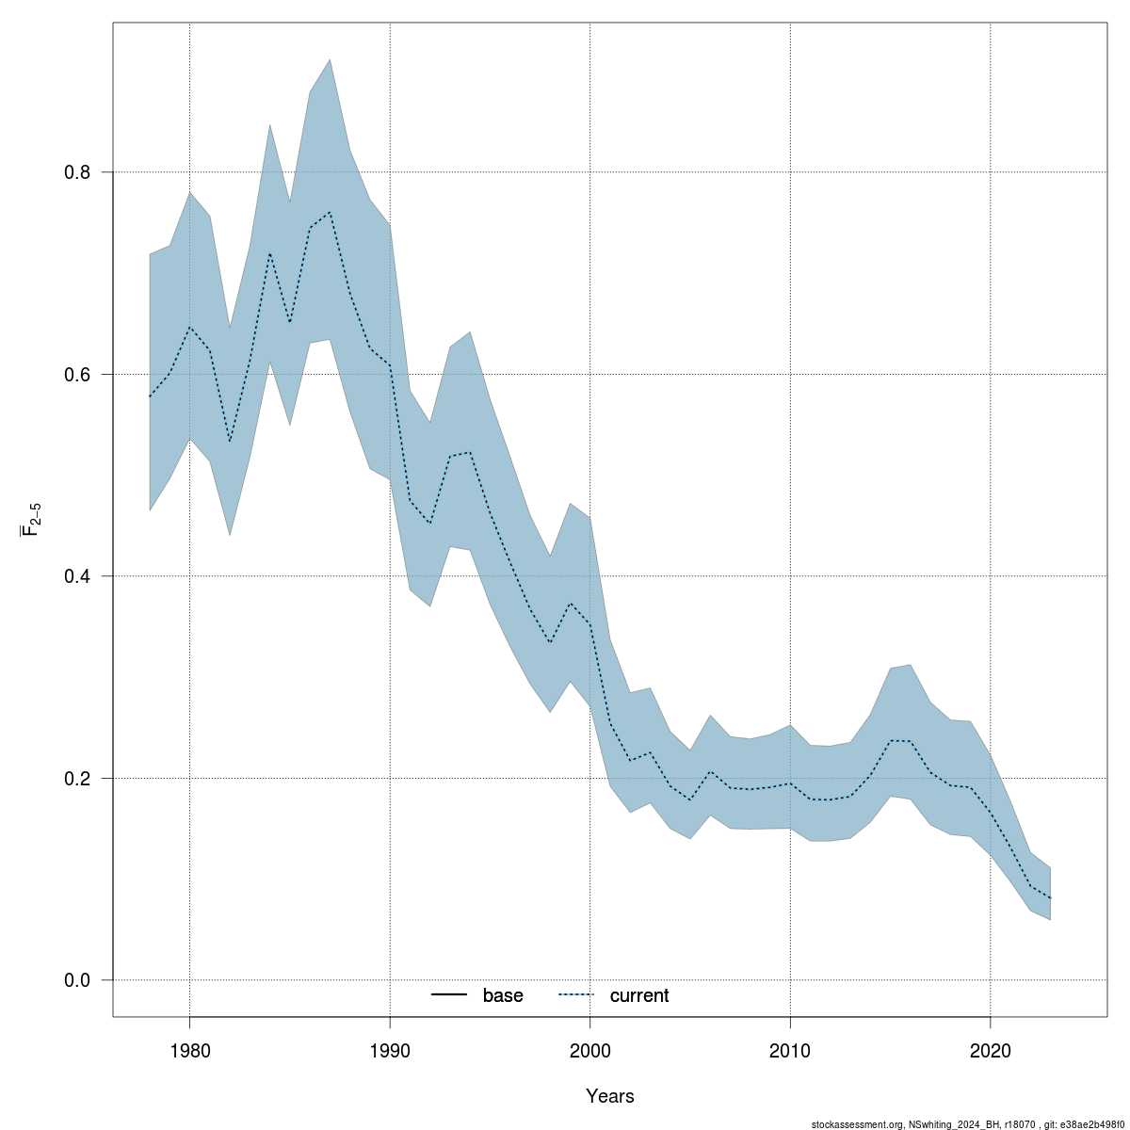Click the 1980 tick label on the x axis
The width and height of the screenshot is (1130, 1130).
point(189,1050)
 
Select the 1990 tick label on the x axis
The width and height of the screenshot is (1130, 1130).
point(390,1050)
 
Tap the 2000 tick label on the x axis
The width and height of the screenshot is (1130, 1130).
point(589,1050)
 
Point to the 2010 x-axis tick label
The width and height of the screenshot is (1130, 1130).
point(790,1050)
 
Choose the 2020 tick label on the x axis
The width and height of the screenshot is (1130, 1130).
point(990,1050)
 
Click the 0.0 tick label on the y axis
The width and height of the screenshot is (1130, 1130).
point(76,980)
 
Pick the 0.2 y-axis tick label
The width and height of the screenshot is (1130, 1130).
point(76,779)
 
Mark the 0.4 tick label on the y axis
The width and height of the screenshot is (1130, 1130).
point(76,576)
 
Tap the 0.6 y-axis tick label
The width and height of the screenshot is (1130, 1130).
point(76,375)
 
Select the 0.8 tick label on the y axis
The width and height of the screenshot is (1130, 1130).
point(76,172)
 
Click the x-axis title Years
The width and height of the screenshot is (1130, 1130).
point(609,1096)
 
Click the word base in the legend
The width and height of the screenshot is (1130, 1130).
point(503,995)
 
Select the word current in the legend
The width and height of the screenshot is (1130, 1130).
point(638,995)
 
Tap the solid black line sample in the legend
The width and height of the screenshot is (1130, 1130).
point(450,995)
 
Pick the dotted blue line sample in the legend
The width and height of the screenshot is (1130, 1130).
point(577,995)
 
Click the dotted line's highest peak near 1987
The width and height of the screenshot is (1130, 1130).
point(330,213)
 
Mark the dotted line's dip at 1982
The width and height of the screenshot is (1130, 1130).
point(230,442)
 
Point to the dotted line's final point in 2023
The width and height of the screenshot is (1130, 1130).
point(1050,898)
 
